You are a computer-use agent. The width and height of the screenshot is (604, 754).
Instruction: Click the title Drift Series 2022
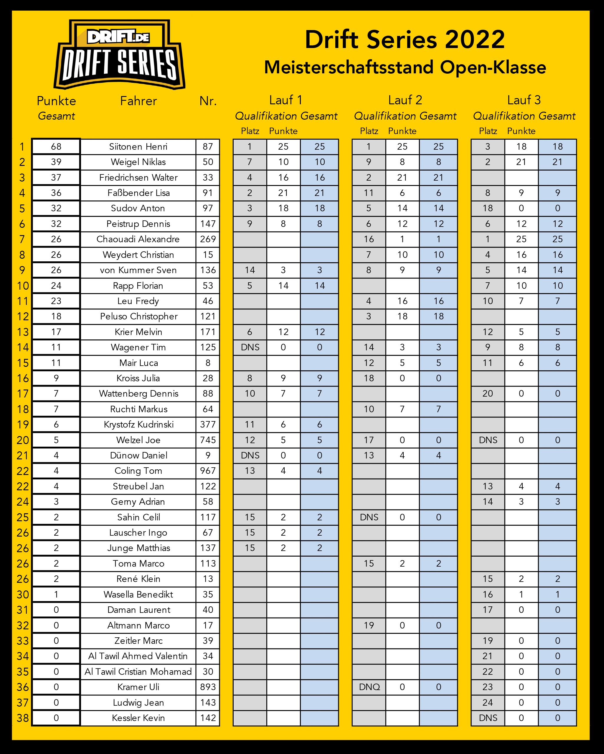coord(405,39)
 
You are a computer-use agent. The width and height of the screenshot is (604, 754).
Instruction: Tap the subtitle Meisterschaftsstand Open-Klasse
coord(405,67)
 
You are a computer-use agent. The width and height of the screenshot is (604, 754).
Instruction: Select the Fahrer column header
coord(138,101)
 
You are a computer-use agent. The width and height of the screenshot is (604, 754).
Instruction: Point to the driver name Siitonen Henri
coord(138,146)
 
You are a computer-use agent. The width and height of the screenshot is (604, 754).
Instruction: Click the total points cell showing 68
coord(56,146)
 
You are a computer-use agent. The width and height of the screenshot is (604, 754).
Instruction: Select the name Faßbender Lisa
coord(138,193)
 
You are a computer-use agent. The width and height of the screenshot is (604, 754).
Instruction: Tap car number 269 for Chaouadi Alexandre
coord(208,239)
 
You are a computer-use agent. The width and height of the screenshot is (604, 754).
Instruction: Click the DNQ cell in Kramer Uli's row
coord(369,687)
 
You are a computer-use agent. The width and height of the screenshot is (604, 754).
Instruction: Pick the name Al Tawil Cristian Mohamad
coord(138,671)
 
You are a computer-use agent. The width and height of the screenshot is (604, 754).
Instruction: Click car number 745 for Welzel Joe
coord(208,440)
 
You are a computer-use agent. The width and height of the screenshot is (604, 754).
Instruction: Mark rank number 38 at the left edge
coord(23,718)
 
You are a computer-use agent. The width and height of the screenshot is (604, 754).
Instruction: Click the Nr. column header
coord(208,101)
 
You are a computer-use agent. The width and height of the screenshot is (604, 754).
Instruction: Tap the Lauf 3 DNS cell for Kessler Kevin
coord(488,718)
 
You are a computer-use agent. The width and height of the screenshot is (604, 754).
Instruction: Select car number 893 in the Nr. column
coord(208,687)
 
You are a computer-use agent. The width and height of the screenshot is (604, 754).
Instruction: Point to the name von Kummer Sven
coord(138,270)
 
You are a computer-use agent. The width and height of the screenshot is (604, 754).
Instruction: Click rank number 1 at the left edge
coord(22,146)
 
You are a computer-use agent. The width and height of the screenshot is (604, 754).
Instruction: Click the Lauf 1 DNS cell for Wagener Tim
coord(250,347)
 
